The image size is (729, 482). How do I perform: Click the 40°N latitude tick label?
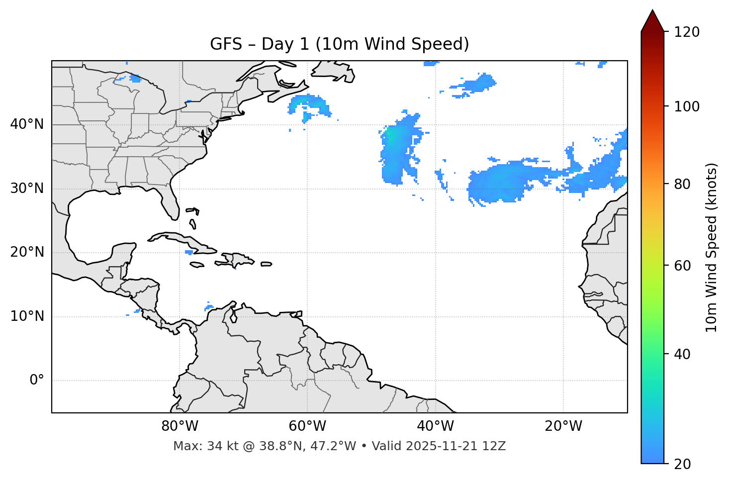tap(27, 124)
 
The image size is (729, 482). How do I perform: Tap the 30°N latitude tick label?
tap(27, 189)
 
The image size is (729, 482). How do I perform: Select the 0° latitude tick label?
tap(37, 381)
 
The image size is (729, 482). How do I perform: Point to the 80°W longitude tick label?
tap(180, 426)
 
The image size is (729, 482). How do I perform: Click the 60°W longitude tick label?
tap(307, 426)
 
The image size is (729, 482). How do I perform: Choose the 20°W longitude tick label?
tap(563, 426)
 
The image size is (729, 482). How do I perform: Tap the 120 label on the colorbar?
tap(687, 32)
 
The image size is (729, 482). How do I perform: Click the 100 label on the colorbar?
tap(687, 106)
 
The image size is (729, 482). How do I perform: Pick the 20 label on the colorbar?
tap(683, 464)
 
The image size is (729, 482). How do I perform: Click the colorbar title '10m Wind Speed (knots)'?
tap(712, 247)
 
